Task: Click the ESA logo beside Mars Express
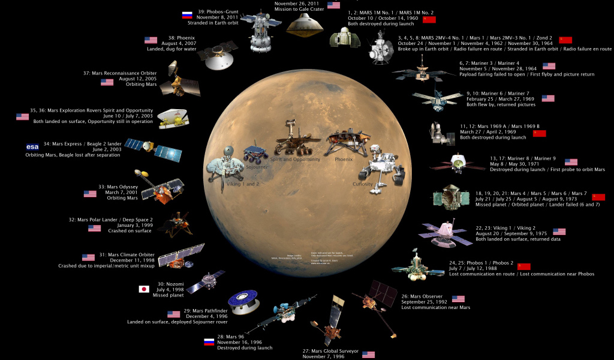point(32,146)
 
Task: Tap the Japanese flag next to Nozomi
point(144,289)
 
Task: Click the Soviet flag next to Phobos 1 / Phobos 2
point(524,266)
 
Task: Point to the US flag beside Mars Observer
point(458,299)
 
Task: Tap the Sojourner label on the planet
point(255,167)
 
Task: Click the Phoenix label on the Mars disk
point(344,160)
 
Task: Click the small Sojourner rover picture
point(255,153)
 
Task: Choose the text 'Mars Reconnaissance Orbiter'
point(120,73)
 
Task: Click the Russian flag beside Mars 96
point(209,342)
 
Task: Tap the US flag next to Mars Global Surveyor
point(368,355)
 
